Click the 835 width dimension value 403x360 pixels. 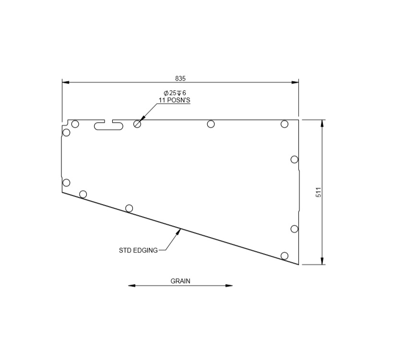coord(180,78)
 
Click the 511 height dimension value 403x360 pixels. coord(318,192)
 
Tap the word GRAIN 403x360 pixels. coord(180,281)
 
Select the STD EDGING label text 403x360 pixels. coord(138,250)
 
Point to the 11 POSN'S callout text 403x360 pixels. coord(175,100)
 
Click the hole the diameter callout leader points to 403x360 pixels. coord(138,124)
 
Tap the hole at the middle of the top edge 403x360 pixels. coord(211,124)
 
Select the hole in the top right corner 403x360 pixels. coord(284,124)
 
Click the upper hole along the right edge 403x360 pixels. coord(295,159)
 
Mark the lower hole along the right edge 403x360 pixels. coord(295,229)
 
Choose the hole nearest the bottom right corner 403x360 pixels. coord(284,255)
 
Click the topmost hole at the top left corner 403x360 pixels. coord(75,124)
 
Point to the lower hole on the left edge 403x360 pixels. coord(66,182)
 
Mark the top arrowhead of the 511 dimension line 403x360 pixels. coord(322,122)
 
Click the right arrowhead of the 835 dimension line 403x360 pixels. coord(296,82)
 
